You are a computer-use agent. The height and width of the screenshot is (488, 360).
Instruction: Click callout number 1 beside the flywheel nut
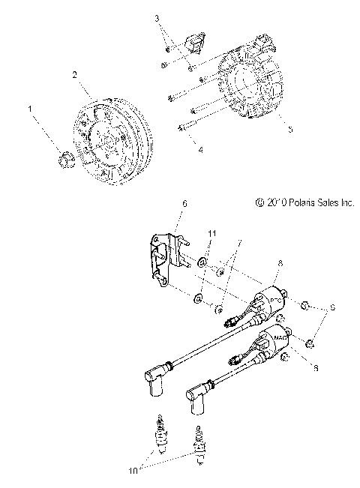tap(31, 109)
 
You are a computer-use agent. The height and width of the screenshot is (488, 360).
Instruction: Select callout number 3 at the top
tap(157, 16)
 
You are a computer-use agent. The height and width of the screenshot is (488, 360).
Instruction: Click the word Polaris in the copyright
tap(295, 223)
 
